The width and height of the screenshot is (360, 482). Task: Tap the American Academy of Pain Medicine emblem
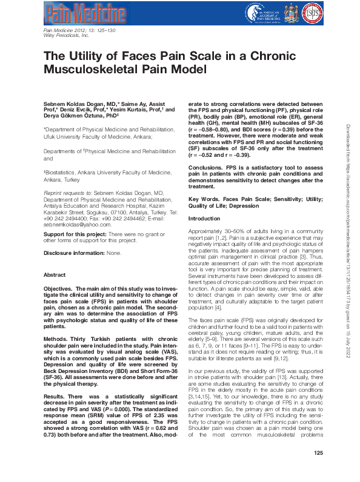point(249,11)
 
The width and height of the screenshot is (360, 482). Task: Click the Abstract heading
point(55,275)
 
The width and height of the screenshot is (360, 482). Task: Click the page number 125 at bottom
point(319,470)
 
